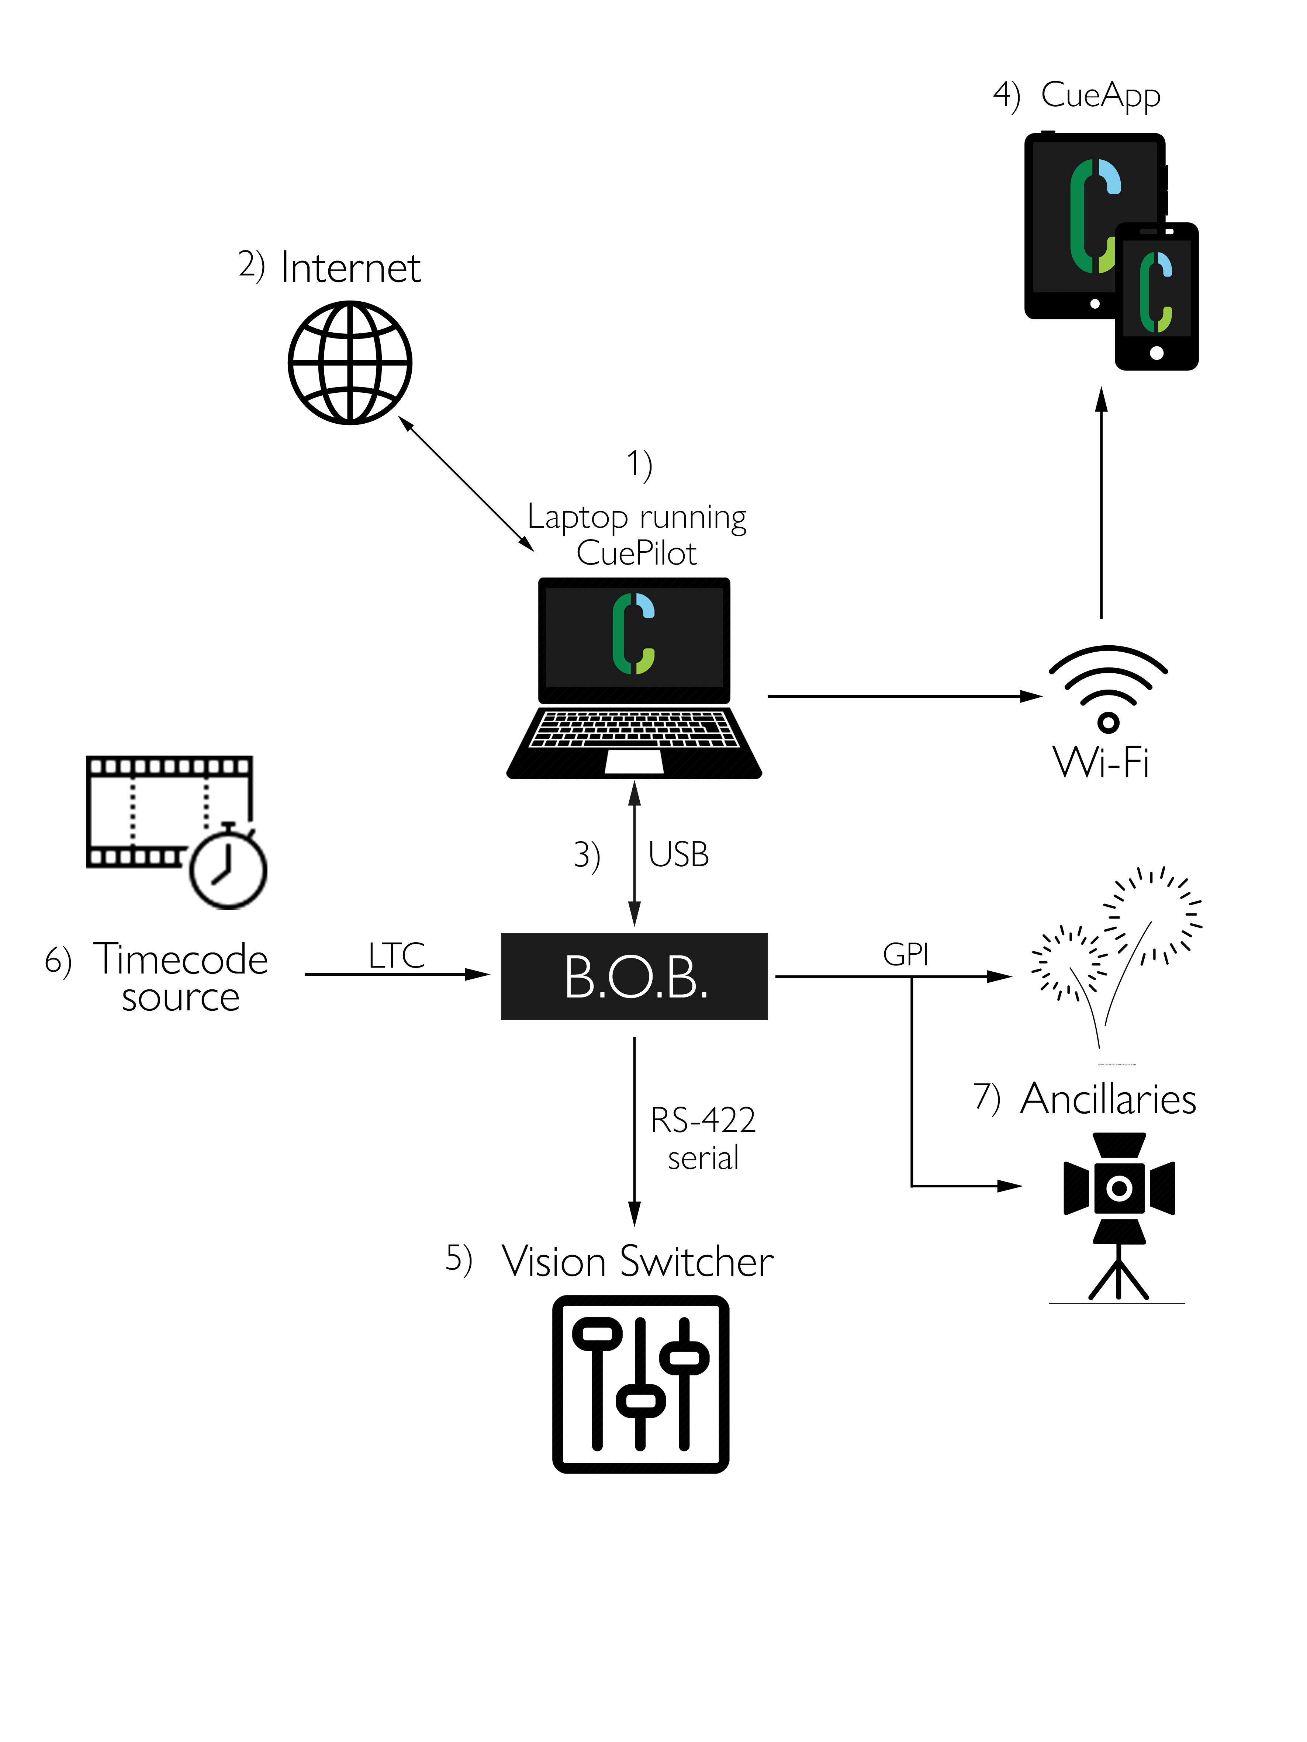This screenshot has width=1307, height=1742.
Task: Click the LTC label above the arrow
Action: click(x=396, y=955)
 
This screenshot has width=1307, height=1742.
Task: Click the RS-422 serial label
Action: click(x=703, y=1138)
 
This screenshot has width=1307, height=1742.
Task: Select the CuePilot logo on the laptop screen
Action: click(x=633, y=634)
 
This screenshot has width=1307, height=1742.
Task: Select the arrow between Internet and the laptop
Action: click(x=466, y=483)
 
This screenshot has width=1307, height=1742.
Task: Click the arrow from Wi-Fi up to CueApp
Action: click(x=1102, y=504)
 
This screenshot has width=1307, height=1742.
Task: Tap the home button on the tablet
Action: click(x=1094, y=303)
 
